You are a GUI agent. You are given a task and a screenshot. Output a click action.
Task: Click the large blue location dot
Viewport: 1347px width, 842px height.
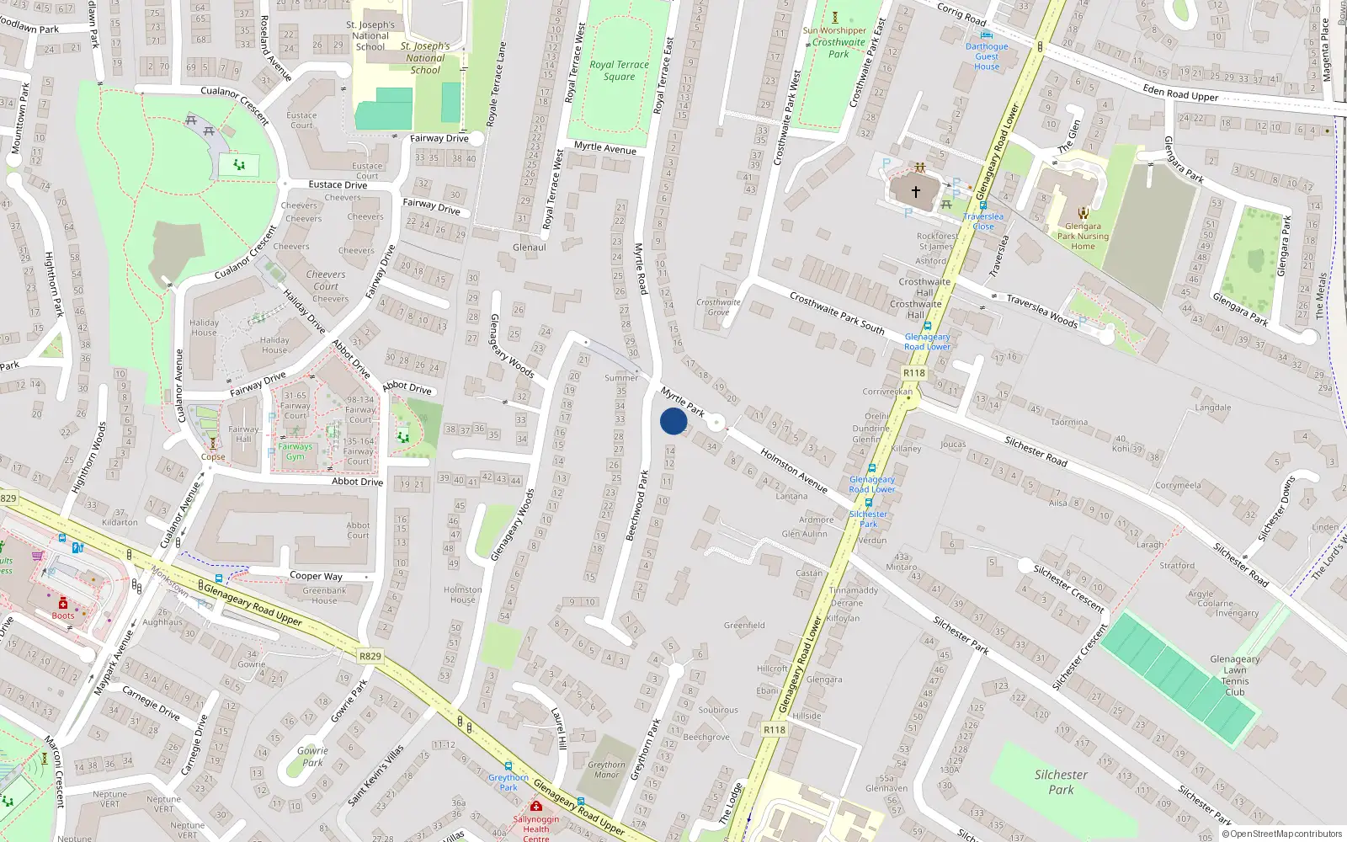point(673,421)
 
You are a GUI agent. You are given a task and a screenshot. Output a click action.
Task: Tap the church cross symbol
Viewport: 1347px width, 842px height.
point(916,191)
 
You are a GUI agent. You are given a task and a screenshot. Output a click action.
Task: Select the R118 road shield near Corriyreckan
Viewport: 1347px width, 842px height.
point(913,373)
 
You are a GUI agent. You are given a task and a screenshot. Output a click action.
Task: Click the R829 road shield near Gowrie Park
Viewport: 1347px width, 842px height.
point(370,656)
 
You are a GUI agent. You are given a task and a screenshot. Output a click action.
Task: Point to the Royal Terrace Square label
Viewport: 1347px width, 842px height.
point(620,70)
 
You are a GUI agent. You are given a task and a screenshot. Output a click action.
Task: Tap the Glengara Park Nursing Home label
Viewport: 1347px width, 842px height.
point(1083,236)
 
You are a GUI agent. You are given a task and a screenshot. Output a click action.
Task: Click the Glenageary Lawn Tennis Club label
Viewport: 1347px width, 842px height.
point(1235,675)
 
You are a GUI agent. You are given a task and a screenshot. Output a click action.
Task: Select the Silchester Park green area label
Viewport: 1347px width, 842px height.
point(1061,781)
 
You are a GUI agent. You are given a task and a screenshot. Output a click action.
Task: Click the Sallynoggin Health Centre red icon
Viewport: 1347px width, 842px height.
point(535,807)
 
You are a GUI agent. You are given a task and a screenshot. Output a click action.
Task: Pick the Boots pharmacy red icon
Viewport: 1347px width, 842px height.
point(63,603)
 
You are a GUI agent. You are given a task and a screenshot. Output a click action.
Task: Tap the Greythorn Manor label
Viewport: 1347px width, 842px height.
point(606,770)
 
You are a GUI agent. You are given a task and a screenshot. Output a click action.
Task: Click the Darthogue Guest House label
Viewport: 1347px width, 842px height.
point(987,56)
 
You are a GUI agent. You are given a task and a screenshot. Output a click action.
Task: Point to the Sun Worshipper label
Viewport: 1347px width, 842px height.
point(834,30)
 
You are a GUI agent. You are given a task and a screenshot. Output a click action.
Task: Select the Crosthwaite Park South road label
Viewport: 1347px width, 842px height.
point(837,312)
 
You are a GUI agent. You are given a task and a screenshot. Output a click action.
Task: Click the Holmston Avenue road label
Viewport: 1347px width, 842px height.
point(794,470)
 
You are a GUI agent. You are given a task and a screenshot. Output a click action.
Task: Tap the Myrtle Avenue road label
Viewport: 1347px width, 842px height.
point(605,148)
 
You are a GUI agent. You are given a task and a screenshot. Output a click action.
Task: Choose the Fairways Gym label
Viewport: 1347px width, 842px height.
point(295,451)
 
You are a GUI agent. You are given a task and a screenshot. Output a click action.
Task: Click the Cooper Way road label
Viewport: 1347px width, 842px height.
point(316,576)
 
